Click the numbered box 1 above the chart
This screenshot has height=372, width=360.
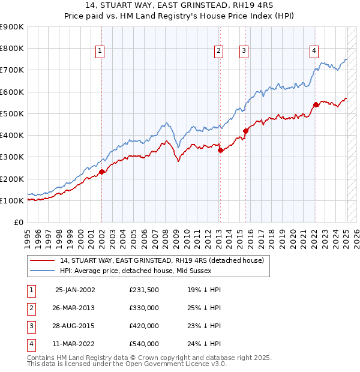pos(100,52)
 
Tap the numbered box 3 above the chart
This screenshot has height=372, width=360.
pos(244,52)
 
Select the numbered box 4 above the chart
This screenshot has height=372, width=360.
pos(314,52)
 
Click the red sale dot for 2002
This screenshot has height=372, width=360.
pos(101,172)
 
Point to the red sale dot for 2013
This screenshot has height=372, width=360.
pos(220,150)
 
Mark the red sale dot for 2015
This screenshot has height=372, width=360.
pos(245,131)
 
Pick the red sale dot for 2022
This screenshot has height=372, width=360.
pos(316,105)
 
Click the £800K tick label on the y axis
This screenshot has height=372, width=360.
pos(12,48)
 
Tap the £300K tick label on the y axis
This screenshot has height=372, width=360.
pos(12,157)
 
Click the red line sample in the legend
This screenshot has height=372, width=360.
pos(42,260)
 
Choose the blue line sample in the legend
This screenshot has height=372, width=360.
pos(42,271)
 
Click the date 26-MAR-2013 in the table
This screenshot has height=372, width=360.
pos(74,308)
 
